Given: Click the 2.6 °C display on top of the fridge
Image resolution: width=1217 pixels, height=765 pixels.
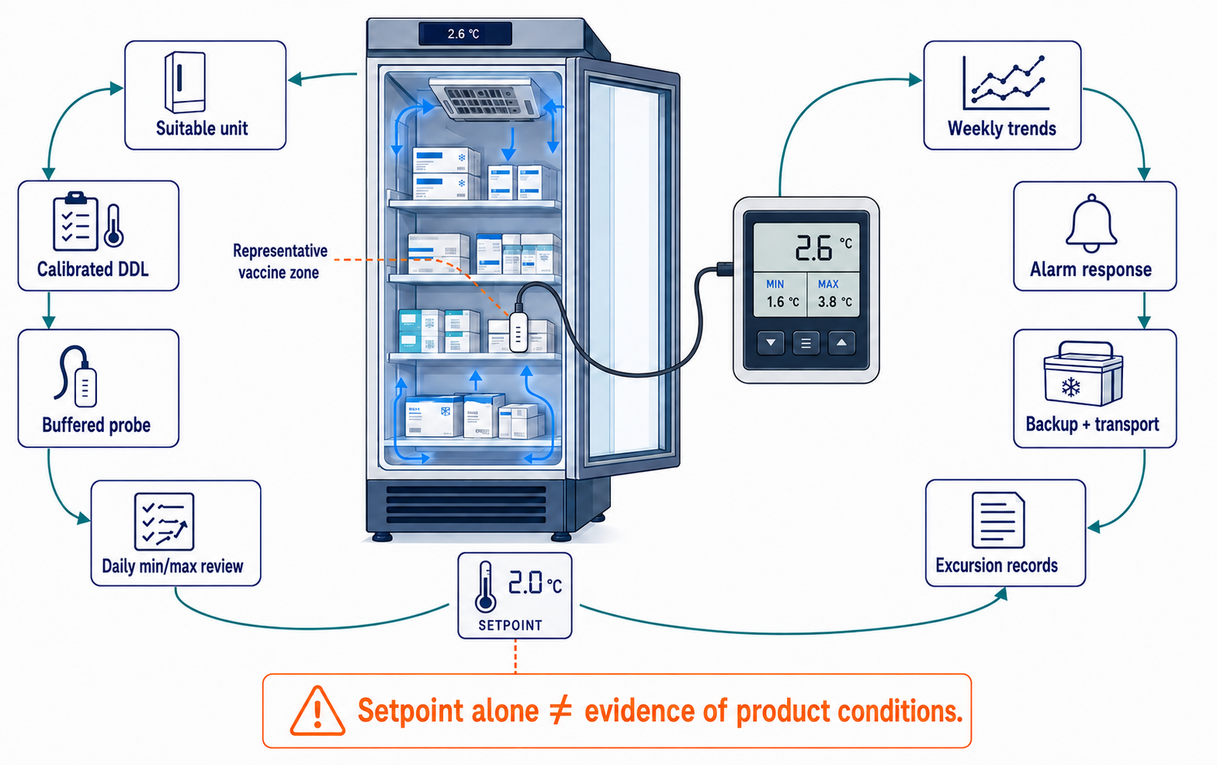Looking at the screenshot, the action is (465, 34).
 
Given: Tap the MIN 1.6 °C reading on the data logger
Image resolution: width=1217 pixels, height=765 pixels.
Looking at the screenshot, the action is (780, 294).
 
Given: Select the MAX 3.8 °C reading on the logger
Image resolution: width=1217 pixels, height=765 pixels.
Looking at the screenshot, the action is (833, 294).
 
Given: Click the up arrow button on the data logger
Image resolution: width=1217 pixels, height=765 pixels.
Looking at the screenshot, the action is (841, 343).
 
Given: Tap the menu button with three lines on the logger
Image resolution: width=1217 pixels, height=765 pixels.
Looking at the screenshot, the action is (805, 343).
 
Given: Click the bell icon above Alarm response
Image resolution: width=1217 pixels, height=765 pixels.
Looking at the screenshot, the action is (1091, 223).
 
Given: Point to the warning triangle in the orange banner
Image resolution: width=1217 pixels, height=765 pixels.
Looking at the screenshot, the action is (317, 710).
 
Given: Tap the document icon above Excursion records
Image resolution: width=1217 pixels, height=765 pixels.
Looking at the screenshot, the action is (998, 519).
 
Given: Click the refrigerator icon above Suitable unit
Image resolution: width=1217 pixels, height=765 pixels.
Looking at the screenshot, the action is (185, 82).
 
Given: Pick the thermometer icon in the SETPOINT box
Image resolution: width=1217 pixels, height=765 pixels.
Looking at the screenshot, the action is (485, 586).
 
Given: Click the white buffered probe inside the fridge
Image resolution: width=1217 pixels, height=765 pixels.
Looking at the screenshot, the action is (518, 332).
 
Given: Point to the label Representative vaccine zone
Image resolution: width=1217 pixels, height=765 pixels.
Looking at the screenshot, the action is (280, 262).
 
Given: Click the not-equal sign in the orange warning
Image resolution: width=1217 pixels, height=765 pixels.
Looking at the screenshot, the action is (562, 710).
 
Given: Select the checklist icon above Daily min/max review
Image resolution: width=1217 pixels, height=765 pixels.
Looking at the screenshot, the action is (164, 522).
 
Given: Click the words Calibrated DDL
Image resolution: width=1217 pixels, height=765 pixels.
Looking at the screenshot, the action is (92, 269).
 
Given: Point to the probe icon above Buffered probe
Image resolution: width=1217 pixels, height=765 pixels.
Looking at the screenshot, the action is (77, 376).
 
